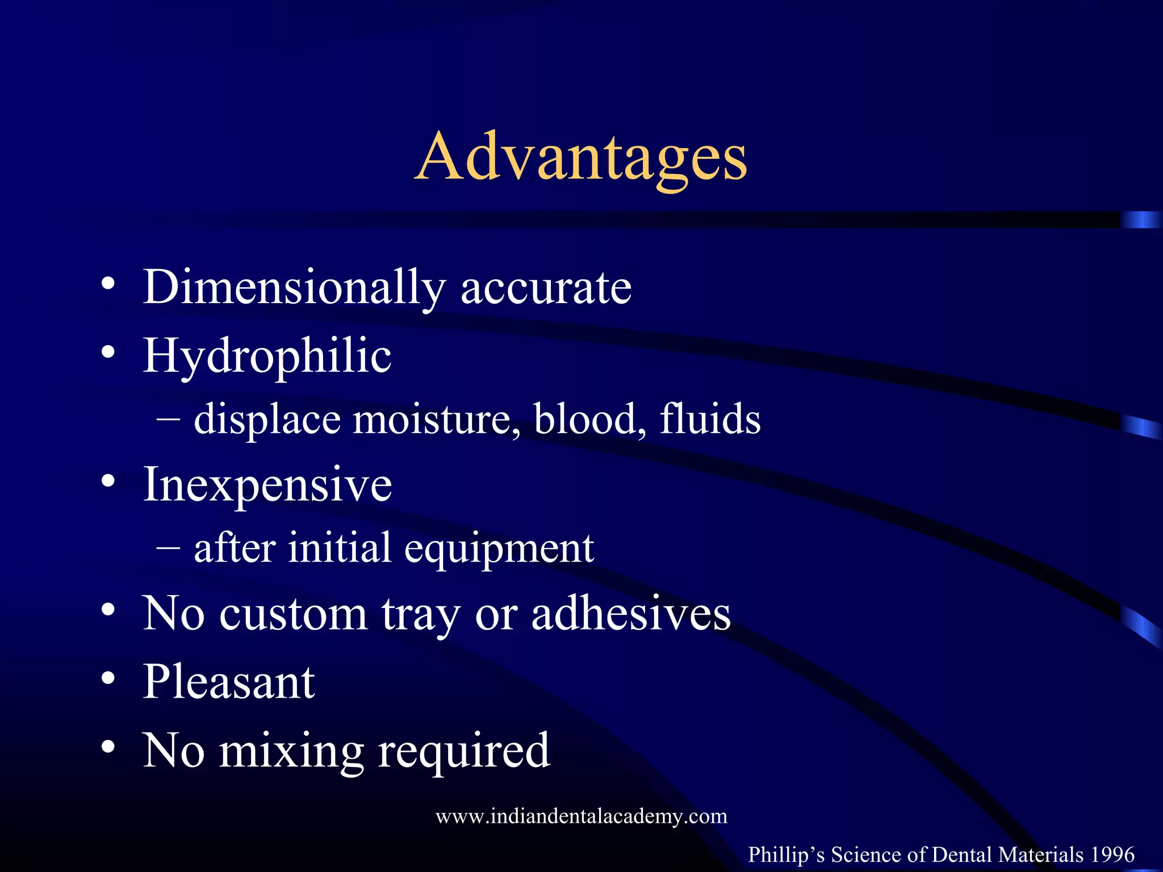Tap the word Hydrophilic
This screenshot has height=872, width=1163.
pyautogui.click(x=267, y=357)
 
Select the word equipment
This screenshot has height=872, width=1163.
pyautogui.click(x=499, y=548)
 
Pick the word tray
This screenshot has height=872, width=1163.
pyautogui.click(x=420, y=615)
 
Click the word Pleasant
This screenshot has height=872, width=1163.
pyautogui.click(x=229, y=682)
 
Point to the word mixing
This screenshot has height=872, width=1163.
pyautogui.click(x=291, y=751)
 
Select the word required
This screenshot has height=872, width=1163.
pyautogui.click(x=464, y=751)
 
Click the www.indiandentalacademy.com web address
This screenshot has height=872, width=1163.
pyautogui.click(x=581, y=816)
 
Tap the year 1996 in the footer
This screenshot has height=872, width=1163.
pyautogui.click(x=1112, y=854)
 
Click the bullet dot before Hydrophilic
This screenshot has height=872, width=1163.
pyautogui.click(x=108, y=352)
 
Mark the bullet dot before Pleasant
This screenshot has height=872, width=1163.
pyautogui.click(x=108, y=678)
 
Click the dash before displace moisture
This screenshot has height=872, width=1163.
pyautogui.click(x=169, y=420)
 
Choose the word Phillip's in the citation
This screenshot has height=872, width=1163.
pyautogui.click(x=787, y=854)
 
